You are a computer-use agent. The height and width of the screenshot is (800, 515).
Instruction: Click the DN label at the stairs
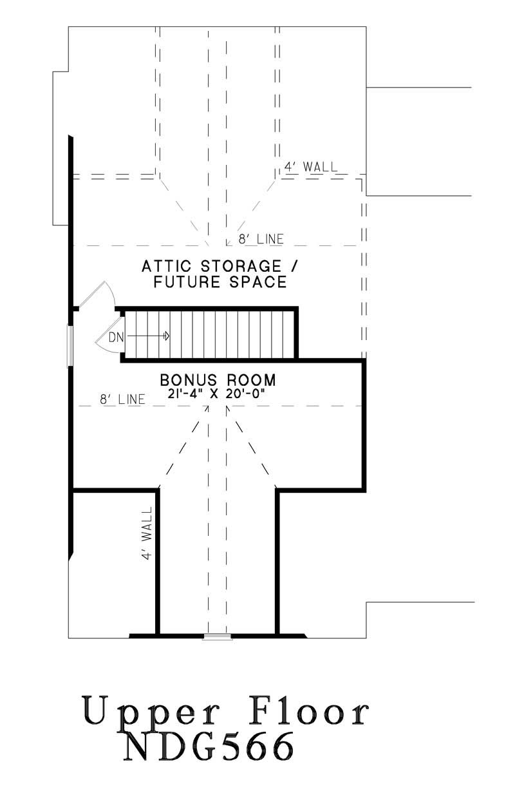[x=115, y=336]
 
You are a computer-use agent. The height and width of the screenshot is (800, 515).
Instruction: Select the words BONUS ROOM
[x=218, y=379]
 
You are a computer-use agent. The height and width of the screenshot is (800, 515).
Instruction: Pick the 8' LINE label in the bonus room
[x=122, y=399]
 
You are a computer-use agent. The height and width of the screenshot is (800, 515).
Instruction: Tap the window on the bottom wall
[x=217, y=636]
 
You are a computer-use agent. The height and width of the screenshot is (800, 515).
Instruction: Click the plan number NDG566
[x=209, y=748]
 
